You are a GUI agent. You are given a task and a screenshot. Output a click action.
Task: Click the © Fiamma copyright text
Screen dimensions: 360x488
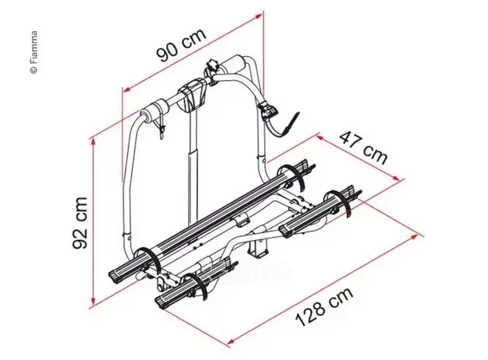coord(34,52)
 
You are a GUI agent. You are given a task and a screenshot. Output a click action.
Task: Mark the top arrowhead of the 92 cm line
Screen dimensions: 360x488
coord(96,140)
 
